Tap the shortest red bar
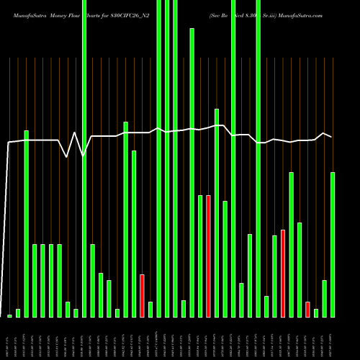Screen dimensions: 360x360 (307, 309)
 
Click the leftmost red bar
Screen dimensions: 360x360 (142, 295)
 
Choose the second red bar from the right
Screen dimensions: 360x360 (283, 273)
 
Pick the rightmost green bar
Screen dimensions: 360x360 (333, 244)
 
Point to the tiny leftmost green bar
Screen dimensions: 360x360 (9, 315)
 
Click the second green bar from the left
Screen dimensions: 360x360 (18, 312)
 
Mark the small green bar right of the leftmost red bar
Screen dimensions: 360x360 (150, 309)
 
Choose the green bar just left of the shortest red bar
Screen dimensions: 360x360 (300, 269)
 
